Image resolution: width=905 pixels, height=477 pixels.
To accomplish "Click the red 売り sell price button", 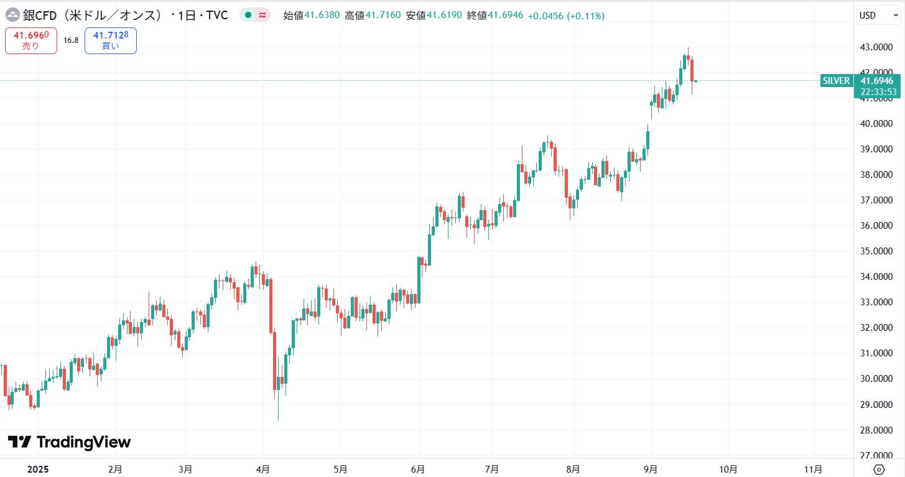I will click(x=31, y=40).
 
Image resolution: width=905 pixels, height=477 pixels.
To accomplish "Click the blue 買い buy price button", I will click(x=111, y=40).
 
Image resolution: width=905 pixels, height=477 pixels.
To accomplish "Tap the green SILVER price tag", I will click(x=836, y=81).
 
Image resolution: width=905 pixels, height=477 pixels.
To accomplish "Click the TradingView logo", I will click(x=69, y=442).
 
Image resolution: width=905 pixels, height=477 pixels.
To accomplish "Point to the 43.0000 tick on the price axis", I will click(x=873, y=47).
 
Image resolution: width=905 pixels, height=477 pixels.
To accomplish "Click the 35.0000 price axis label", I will click(x=873, y=251).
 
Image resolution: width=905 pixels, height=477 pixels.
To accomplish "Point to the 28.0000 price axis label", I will click(x=873, y=430).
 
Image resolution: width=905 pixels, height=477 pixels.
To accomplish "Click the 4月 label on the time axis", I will click(x=263, y=469).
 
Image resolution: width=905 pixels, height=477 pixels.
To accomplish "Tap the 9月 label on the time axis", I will click(x=651, y=469).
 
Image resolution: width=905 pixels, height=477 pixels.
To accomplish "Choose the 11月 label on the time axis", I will click(x=813, y=469).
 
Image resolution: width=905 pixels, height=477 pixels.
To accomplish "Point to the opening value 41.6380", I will click(x=322, y=16).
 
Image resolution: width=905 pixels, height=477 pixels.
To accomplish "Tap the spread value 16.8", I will click(x=71, y=40).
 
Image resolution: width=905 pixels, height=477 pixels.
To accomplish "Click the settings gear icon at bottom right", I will click(x=879, y=469).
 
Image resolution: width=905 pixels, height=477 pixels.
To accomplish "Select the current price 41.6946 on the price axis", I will click(x=878, y=81).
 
